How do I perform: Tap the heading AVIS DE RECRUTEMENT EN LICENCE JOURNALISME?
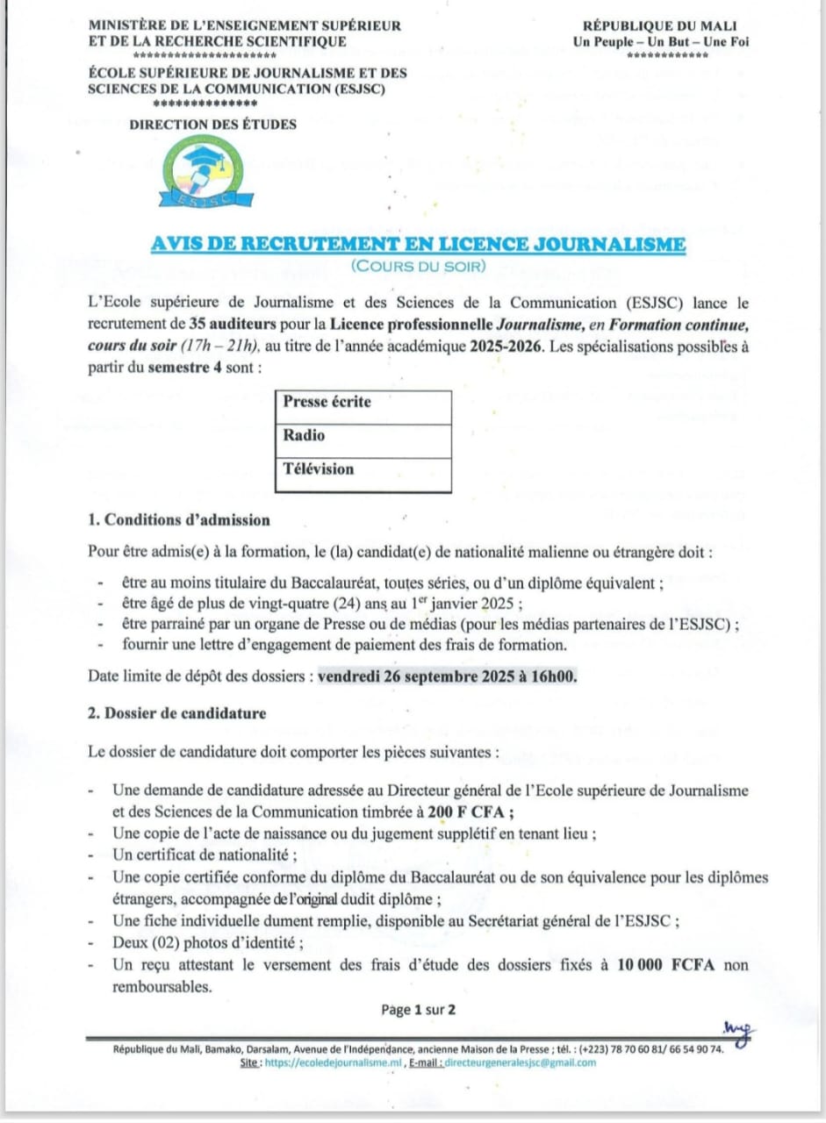point(418,245)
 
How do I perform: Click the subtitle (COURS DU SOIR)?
point(418,265)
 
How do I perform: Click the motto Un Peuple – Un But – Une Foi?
point(667,41)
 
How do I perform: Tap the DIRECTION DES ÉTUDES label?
point(212,125)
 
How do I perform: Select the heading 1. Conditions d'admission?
point(179,520)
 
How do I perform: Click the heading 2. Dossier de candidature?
point(176,713)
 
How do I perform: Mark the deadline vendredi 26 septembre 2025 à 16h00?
point(448,676)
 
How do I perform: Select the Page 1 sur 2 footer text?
point(418,1010)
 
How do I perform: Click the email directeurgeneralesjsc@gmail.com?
point(520,1062)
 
